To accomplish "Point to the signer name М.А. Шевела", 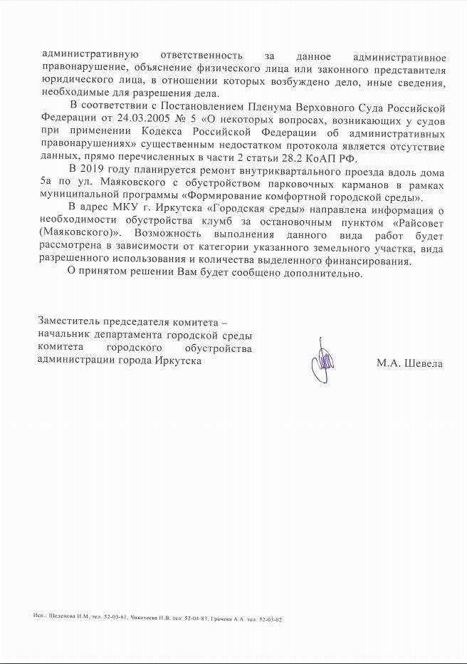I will [409, 363].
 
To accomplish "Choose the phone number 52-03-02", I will [271, 618].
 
